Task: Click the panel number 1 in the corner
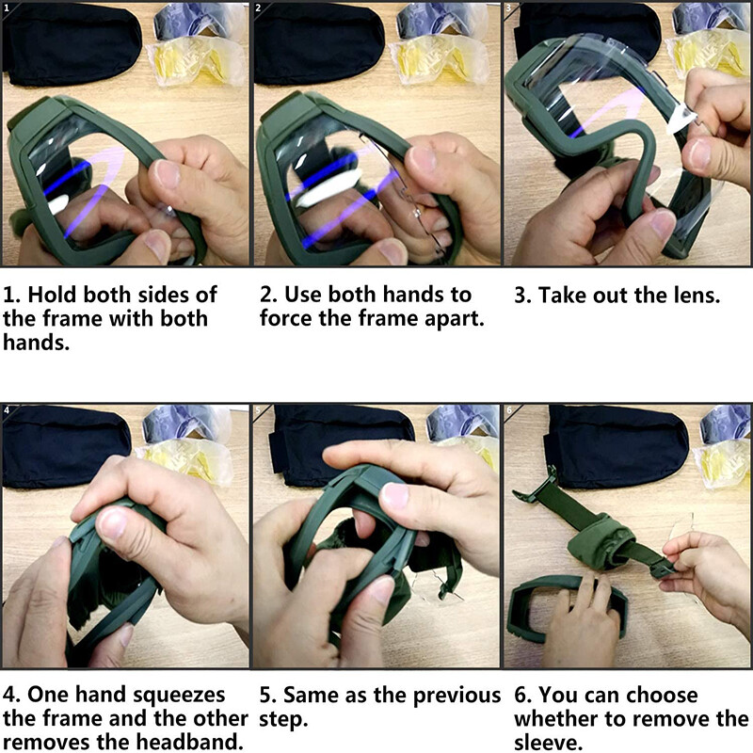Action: point(6,8)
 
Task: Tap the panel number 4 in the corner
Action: point(7,409)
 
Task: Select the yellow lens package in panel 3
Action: point(710,51)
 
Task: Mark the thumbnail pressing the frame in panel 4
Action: point(113,523)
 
